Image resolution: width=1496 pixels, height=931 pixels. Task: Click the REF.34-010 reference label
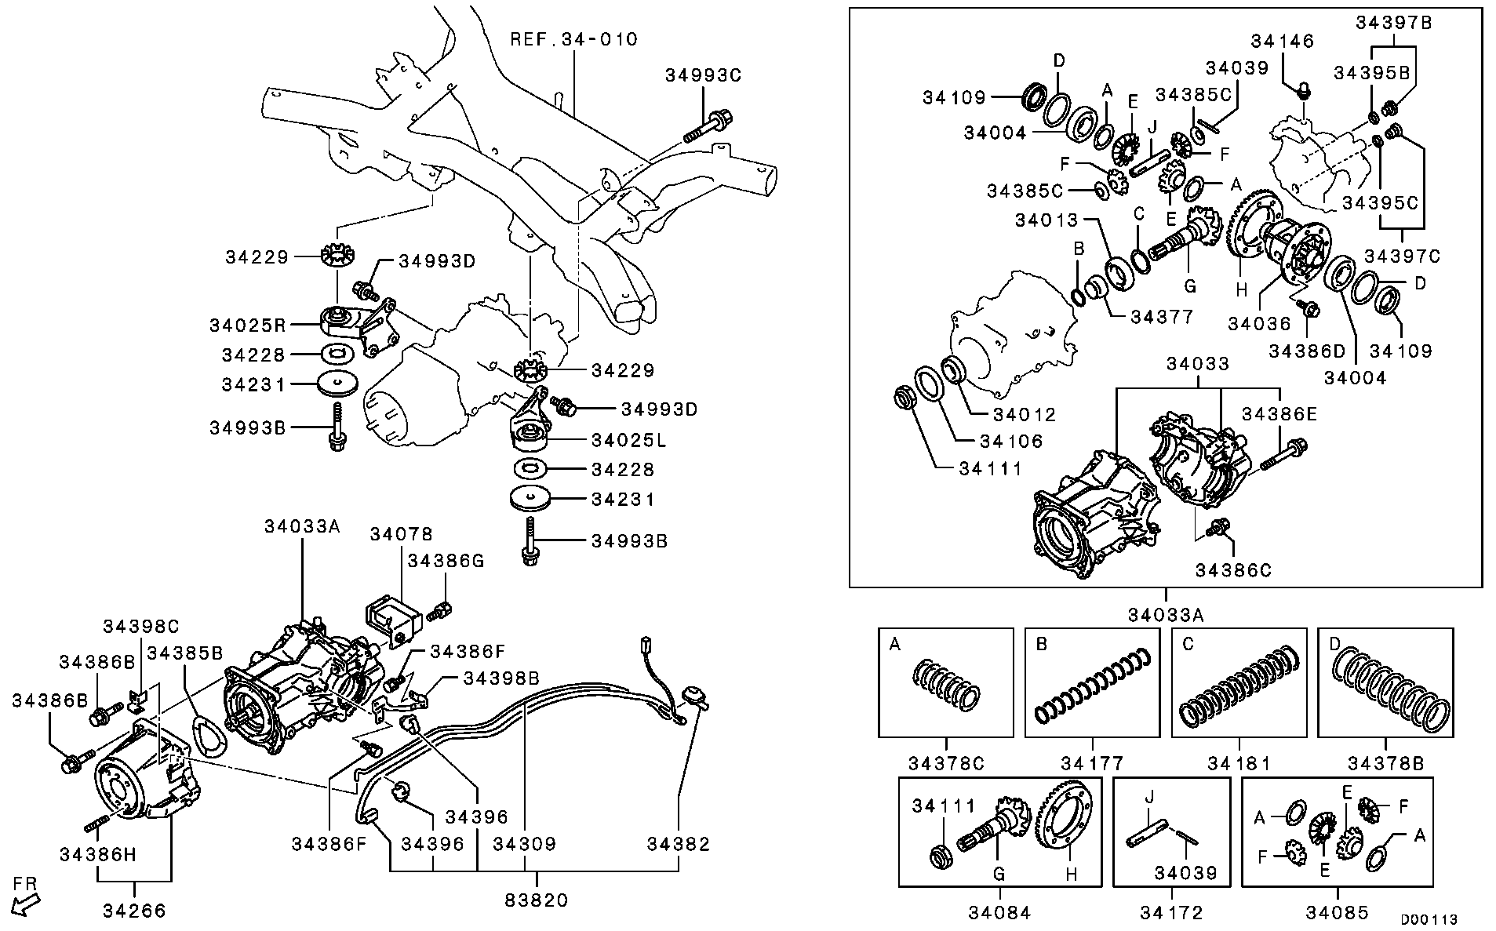pyautogui.click(x=573, y=39)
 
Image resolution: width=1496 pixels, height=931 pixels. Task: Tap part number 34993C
pyautogui.click(x=703, y=75)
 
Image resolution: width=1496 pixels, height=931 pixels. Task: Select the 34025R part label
pyautogui.click(x=247, y=325)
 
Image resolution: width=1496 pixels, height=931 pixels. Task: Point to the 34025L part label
pyautogui.click(x=628, y=441)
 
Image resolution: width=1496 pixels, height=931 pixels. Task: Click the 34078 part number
pyautogui.click(x=401, y=535)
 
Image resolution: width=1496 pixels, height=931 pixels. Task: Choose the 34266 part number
pyautogui.click(x=134, y=910)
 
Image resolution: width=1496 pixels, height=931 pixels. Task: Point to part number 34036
pyautogui.click(x=1259, y=323)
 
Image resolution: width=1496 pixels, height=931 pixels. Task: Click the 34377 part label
pyautogui.click(x=1162, y=317)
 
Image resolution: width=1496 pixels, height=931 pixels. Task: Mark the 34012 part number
pyautogui.click(x=1025, y=415)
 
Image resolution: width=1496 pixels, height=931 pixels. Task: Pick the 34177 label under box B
pyautogui.click(x=1093, y=763)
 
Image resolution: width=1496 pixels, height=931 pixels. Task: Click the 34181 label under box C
pyautogui.click(x=1239, y=763)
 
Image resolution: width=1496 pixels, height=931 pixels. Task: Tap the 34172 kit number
pyautogui.click(x=1171, y=912)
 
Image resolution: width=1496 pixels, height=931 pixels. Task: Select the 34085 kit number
pyautogui.click(x=1337, y=912)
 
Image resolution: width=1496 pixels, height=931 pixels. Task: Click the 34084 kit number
pyautogui.click(x=999, y=912)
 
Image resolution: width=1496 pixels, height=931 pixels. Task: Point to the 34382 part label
pyautogui.click(x=678, y=844)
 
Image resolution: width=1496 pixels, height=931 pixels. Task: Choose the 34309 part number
pyautogui.click(x=524, y=844)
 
